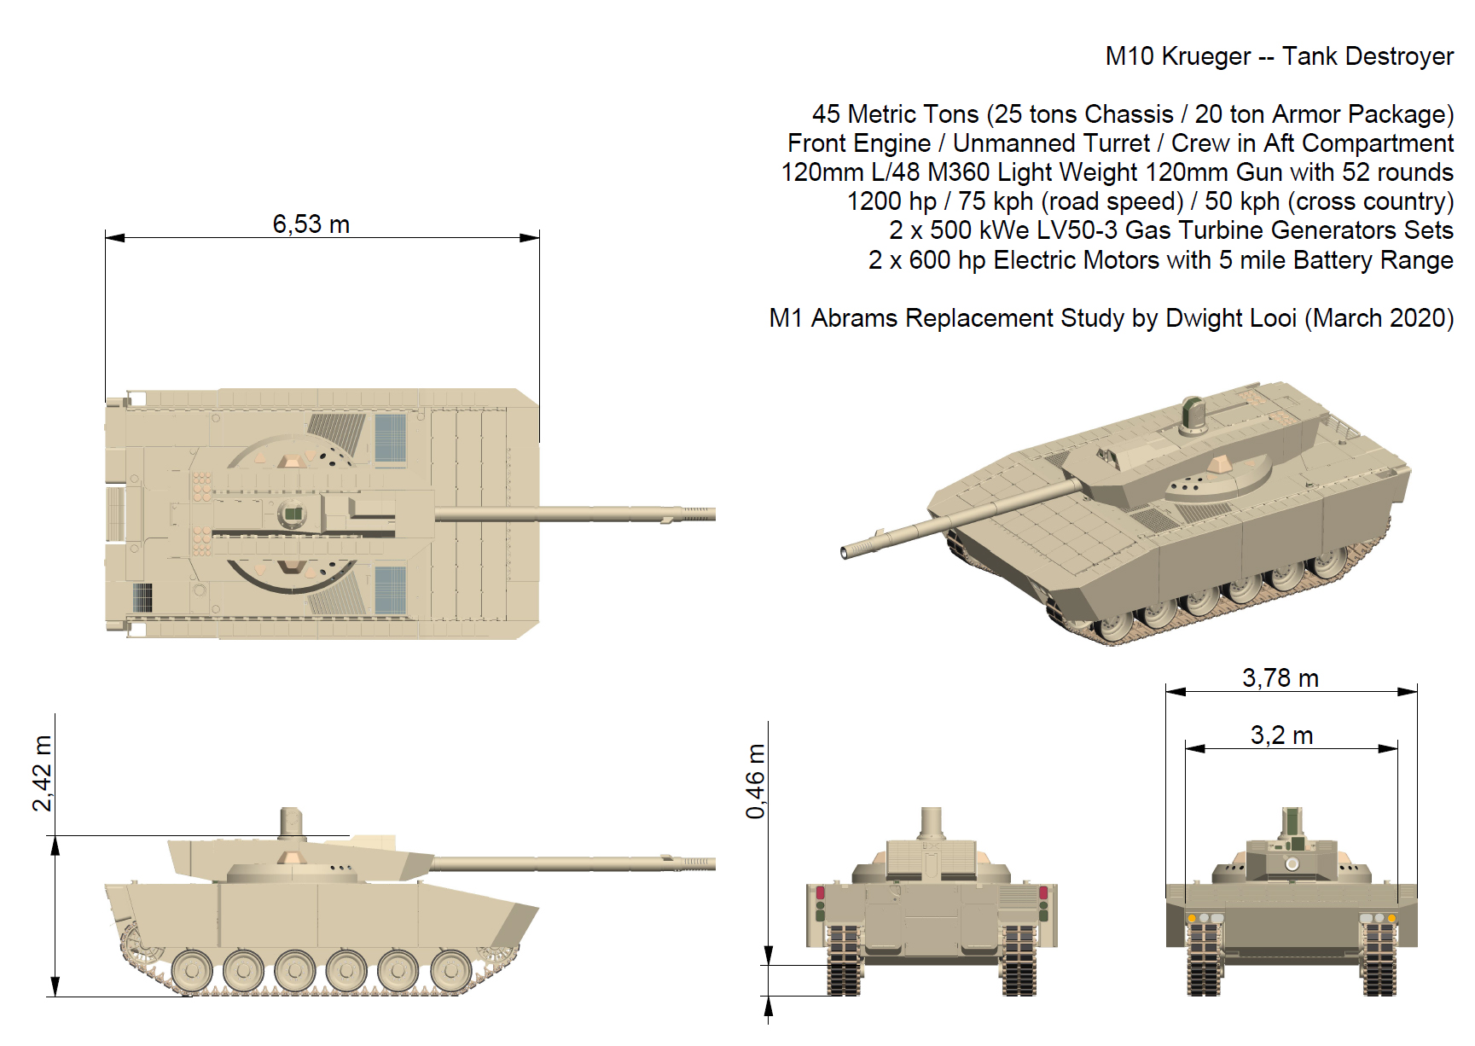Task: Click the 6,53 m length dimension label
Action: tap(311, 224)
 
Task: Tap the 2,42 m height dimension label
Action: tap(42, 773)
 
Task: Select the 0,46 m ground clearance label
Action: tap(755, 782)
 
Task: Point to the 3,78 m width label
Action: tap(1280, 678)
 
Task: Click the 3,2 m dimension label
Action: tap(1281, 735)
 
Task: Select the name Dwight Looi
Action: tap(1231, 318)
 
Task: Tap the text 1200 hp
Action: tap(891, 201)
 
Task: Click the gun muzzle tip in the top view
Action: tap(714, 514)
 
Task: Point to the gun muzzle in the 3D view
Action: tap(845, 553)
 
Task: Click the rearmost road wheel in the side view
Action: tap(192, 971)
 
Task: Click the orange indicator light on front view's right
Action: tap(1391, 919)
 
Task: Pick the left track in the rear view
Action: tap(844, 960)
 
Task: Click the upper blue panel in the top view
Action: tap(391, 439)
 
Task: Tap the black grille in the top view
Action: tap(142, 597)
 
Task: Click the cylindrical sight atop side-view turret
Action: tap(292, 823)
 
